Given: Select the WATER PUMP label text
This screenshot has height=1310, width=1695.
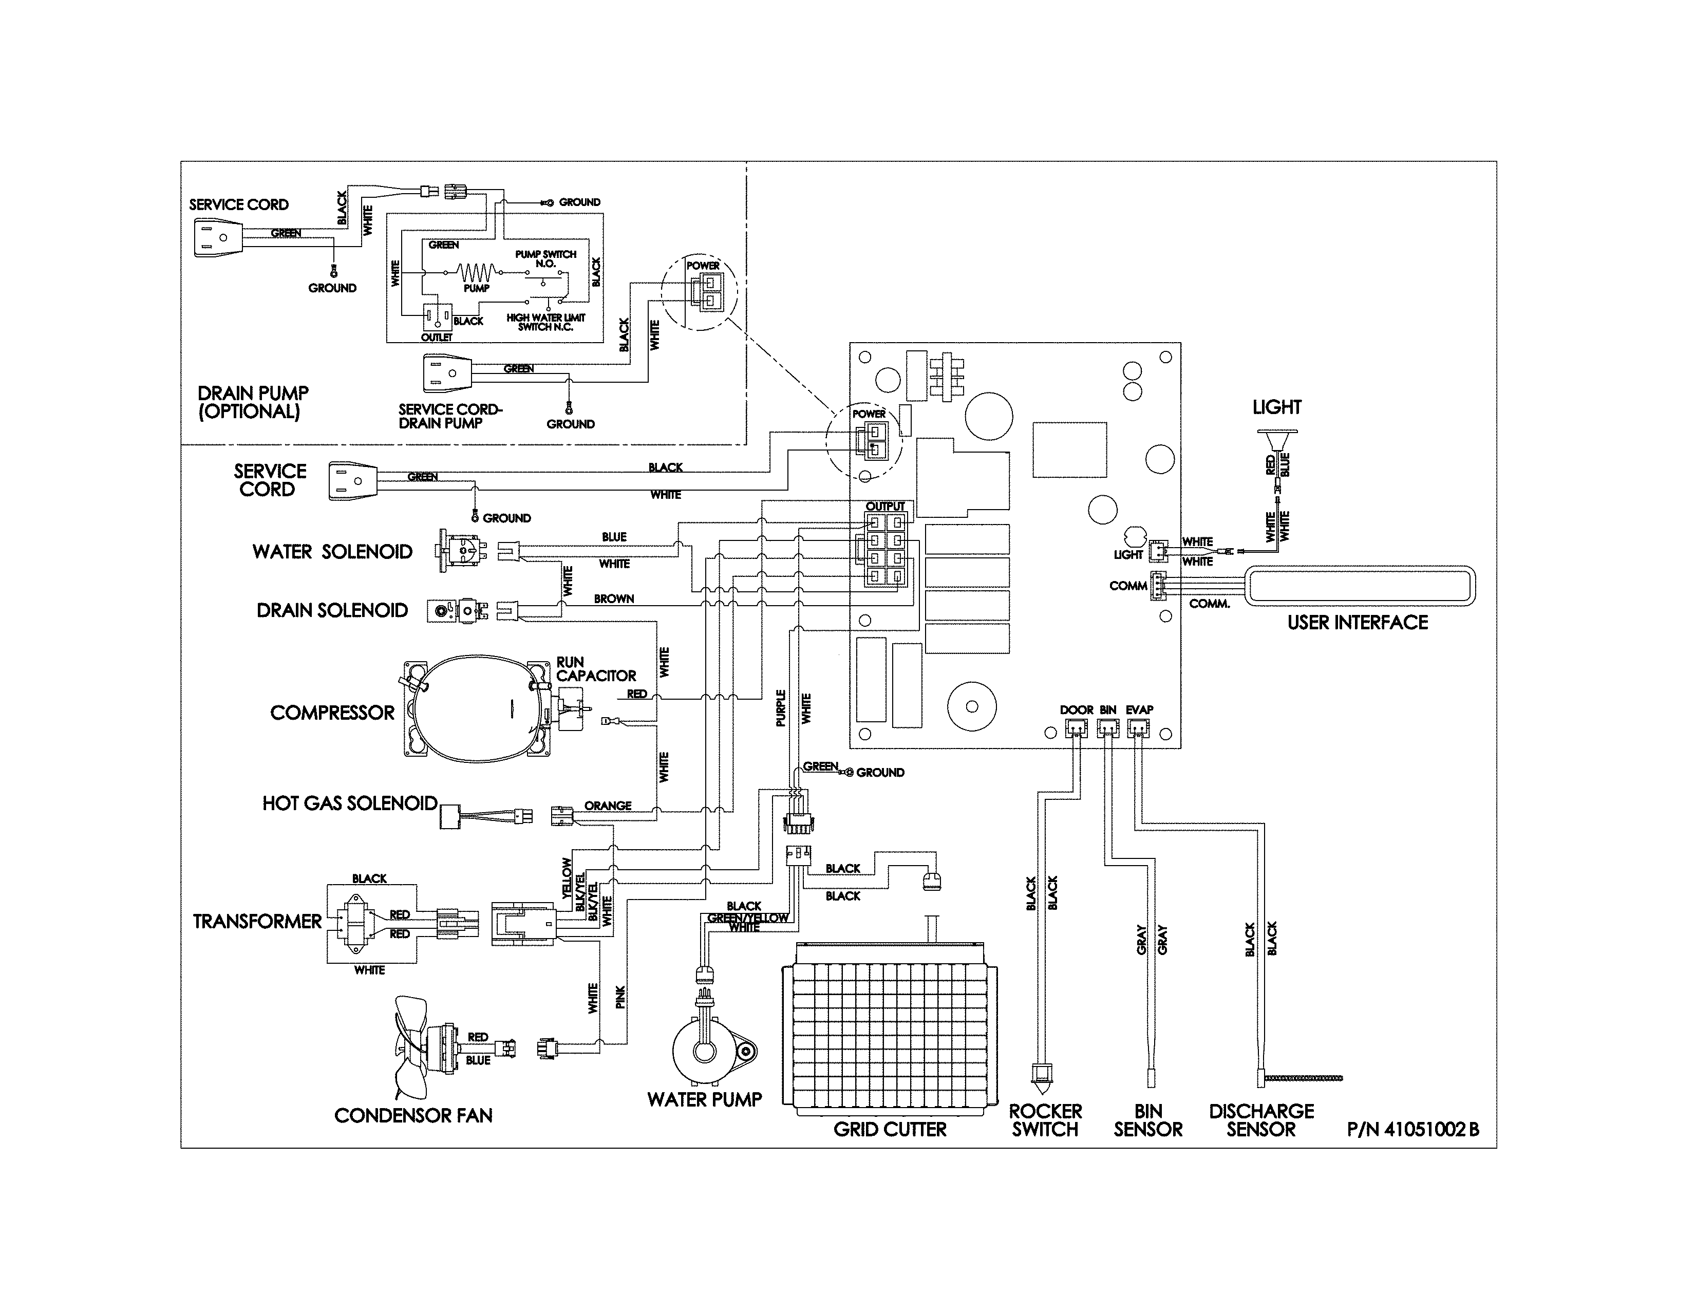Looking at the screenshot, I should tap(704, 1100).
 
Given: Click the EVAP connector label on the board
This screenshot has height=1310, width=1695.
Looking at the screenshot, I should tap(1139, 710).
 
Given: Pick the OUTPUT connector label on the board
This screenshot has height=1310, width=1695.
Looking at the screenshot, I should tap(885, 507).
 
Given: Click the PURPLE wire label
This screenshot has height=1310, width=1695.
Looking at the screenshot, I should tap(781, 708).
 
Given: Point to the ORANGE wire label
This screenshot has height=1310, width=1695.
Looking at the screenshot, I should tap(608, 806).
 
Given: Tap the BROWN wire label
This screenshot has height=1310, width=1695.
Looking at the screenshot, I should tap(614, 599).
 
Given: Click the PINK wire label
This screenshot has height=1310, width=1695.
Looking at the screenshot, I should tap(620, 997).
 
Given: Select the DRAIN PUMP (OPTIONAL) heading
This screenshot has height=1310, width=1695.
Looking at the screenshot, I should tap(253, 403).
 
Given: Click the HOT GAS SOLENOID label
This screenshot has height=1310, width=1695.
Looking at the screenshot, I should tap(349, 803).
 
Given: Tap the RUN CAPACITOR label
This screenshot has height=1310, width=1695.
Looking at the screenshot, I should tap(595, 669).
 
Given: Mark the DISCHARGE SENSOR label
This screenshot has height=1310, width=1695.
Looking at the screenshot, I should tap(1261, 1120).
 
